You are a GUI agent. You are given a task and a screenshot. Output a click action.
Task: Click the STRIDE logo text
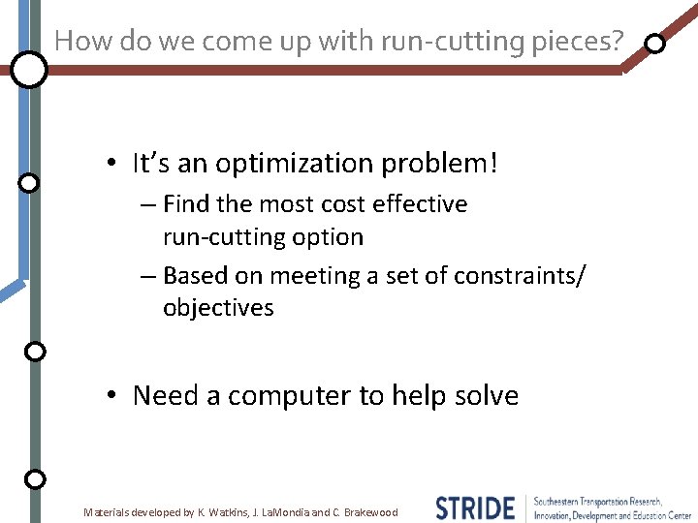pyautogui.click(x=475, y=508)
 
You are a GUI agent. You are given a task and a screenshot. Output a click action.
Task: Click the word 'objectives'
pyautogui.click(x=218, y=309)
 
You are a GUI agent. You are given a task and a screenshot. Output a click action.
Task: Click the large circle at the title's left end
pyautogui.click(x=30, y=70)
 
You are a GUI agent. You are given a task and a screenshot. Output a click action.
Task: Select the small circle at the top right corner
pyautogui.click(x=655, y=44)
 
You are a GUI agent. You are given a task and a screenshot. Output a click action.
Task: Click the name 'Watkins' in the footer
pyautogui.click(x=226, y=512)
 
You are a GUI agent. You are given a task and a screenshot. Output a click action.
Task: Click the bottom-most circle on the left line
pyautogui.click(x=35, y=478)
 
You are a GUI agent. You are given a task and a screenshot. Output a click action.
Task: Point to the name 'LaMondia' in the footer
pyautogui.click(x=283, y=512)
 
